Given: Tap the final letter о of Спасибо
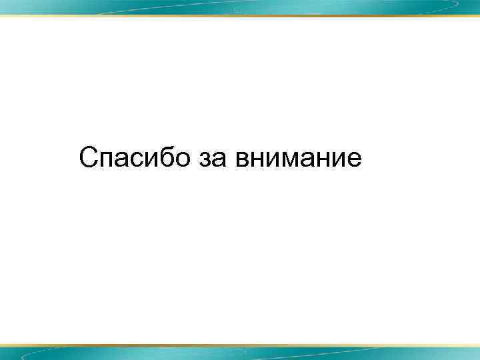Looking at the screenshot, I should (184, 161).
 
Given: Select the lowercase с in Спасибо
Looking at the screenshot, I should (138, 161).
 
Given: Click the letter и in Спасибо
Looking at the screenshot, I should (153, 161).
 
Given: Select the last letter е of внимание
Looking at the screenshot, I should (354, 161).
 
